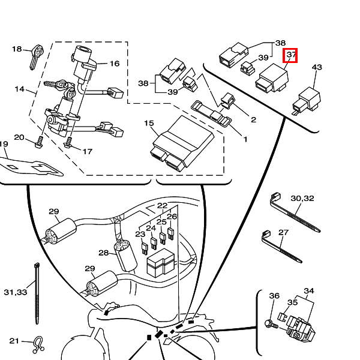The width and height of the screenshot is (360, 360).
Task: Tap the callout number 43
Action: click(x=317, y=67)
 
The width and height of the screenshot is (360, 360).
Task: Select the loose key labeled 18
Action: click(x=36, y=58)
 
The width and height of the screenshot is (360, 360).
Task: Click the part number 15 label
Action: click(x=149, y=123)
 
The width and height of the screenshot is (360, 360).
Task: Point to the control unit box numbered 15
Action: click(x=182, y=143)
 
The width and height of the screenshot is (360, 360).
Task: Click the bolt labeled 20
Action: click(x=39, y=142)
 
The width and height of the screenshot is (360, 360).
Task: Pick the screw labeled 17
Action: click(x=68, y=143)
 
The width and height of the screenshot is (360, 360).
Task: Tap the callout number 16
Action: click(x=115, y=64)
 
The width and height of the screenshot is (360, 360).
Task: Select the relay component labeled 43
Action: click(x=307, y=100)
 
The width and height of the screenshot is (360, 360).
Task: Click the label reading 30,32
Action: click(x=302, y=198)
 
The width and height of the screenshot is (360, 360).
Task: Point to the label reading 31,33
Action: click(x=16, y=292)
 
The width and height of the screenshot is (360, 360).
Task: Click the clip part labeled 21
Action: click(x=38, y=345)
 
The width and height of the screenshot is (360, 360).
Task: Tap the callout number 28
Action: click(x=103, y=253)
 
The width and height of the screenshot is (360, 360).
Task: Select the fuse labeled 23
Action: click(x=145, y=249)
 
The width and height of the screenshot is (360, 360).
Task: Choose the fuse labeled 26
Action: click(x=170, y=234)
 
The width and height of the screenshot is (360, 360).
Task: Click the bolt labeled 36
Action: click(x=271, y=324)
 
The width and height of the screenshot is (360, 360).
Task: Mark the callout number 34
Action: click(x=309, y=291)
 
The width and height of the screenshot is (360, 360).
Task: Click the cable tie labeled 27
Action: click(x=281, y=247)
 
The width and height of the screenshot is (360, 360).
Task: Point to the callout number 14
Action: click(x=20, y=89)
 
